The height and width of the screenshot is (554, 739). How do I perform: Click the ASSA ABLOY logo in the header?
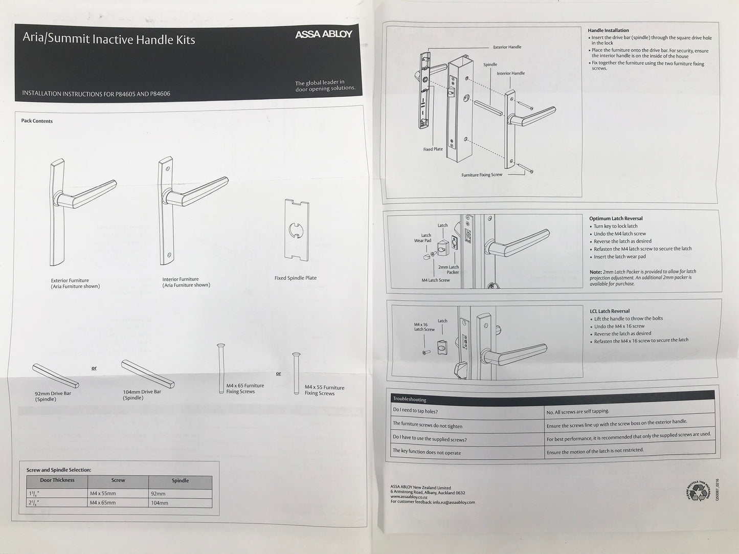coord(323,34)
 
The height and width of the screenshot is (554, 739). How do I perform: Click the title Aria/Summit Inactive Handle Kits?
coord(108,39)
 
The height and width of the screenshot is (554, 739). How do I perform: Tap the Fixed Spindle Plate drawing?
coord(296,230)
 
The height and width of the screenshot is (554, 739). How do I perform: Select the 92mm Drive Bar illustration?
coord(55,376)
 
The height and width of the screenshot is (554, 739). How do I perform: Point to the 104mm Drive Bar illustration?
coord(147,373)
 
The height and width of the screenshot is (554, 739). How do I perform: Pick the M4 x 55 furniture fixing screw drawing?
coord(296,373)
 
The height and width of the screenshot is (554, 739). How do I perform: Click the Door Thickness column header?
coord(57,480)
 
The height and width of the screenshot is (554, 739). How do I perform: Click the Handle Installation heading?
coord(608,31)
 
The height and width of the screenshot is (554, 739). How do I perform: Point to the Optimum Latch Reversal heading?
coord(616,218)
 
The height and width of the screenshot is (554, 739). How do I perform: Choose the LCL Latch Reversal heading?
coord(610,311)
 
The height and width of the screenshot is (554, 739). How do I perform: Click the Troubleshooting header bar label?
coord(409,399)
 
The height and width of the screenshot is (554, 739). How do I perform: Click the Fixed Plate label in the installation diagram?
coord(433,149)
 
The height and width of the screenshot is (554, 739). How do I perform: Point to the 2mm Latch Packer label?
coord(448,270)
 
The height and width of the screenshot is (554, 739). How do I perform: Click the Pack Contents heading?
coord(37,121)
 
